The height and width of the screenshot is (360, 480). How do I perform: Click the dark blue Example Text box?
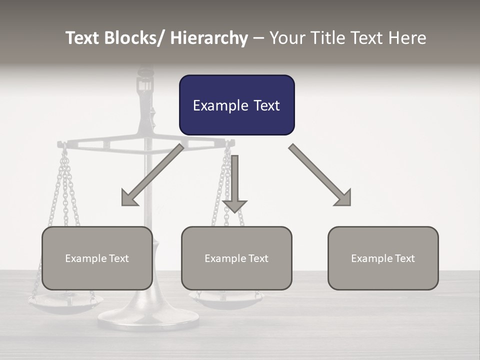click(x=236, y=105)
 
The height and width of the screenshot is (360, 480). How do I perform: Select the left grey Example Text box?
click(x=97, y=258)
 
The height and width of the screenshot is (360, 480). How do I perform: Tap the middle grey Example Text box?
click(x=236, y=258)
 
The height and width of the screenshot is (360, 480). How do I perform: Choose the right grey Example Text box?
click(x=383, y=258)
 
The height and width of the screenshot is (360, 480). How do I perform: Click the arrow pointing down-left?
click(x=152, y=175)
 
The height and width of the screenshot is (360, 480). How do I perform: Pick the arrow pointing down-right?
click(x=320, y=175)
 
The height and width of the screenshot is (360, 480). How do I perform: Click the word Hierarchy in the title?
click(x=209, y=38)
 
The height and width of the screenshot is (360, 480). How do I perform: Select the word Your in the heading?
click(x=285, y=38)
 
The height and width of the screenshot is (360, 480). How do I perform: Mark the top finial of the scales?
click(x=145, y=73)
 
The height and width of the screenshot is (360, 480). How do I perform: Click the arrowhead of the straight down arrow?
click(x=234, y=205)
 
